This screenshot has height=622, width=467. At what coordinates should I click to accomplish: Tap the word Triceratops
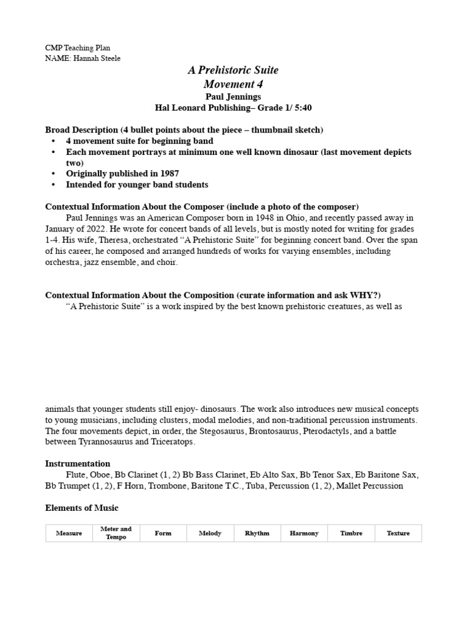pyautogui.click(x=172, y=442)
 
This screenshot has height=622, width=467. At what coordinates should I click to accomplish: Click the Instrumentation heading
pyautogui.click(x=78, y=463)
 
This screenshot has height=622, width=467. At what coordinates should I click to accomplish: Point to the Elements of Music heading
pyautogui.click(x=82, y=507)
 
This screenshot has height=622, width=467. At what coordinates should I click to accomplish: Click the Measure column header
pyautogui.click(x=69, y=533)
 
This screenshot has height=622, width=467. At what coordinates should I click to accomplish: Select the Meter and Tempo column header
pyautogui.click(x=116, y=533)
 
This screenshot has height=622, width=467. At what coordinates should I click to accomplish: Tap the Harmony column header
pyautogui.click(x=304, y=533)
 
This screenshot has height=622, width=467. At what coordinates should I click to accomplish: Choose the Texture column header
pyautogui.click(x=398, y=533)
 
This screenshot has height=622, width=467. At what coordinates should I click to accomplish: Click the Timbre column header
pyautogui.click(x=351, y=533)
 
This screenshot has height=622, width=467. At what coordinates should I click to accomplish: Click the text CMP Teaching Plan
pyautogui.click(x=78, y=47)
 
